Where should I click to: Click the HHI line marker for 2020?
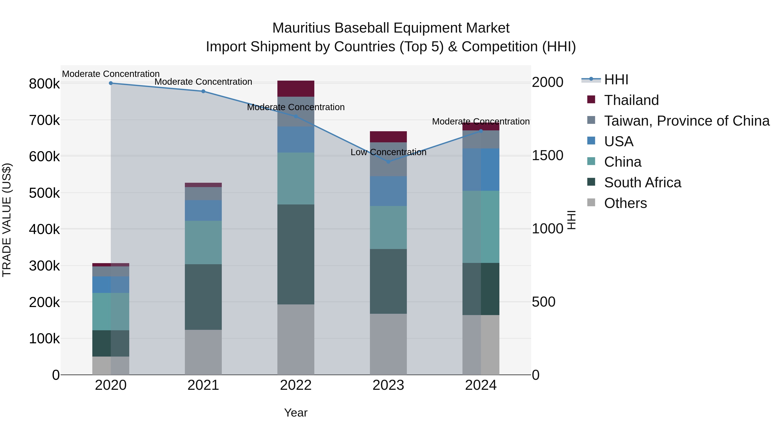coord(111,83)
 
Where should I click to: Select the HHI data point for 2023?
coord(388,162)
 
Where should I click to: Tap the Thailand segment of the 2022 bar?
coord(296,89)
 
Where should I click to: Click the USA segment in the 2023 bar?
coord(388,191)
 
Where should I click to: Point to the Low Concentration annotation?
coord(388,152)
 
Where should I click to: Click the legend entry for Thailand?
coord(631,100)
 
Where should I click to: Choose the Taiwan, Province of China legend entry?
coord(686,121)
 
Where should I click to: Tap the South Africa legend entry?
coord(642,183)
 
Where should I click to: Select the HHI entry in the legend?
coord(616,80)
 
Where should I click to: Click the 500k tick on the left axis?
coord(44,193)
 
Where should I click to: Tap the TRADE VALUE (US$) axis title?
coord(7,220)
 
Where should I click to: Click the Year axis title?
coord(296,413)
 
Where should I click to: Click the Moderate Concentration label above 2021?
coord(203,82)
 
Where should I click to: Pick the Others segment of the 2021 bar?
coord(203,352)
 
